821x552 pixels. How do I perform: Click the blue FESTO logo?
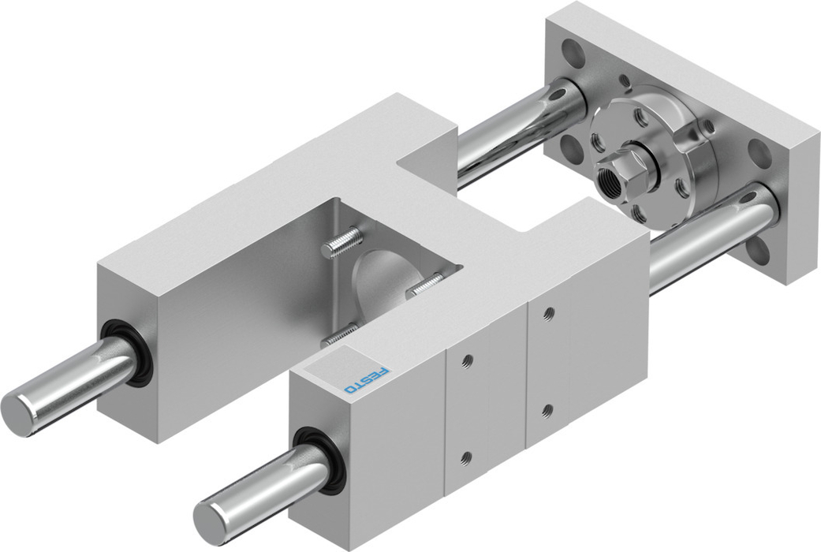click(x=368, y=381)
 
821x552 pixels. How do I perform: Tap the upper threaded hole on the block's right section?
click(x=548, y=313)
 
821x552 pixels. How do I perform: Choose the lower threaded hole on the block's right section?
click(x=547, y=409)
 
